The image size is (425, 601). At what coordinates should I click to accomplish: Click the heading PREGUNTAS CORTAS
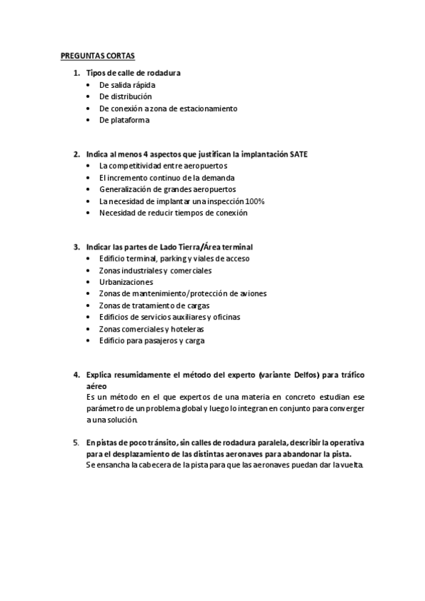click(96, 55)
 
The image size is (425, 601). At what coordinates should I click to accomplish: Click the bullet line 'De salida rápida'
click(127, 84)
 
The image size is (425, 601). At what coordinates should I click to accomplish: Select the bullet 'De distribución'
click(126, 96)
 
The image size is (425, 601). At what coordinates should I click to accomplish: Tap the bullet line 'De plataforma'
click(124, 120)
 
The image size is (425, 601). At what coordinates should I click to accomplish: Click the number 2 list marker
click(77, 154)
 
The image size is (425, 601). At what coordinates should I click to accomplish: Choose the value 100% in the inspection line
click(255, 201)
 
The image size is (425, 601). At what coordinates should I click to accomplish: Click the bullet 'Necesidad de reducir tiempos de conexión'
click(173, 213)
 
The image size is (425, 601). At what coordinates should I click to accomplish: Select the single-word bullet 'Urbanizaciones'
click(126, 282)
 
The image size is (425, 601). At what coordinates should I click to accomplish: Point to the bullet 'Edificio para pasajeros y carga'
click(152, 340)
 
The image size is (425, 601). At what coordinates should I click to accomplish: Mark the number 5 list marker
click(77, 442)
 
